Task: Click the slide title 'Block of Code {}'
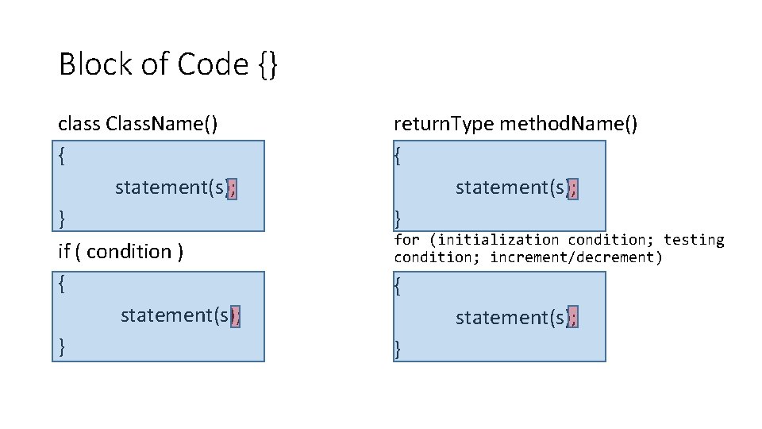coord(168,64)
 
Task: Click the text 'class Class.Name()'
coord(139,124)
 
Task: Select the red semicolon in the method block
coord(573,187)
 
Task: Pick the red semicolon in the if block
coord(234,315)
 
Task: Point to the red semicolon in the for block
coord(573,318)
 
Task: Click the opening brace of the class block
coord(63,157)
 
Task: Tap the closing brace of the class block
coord(63,218)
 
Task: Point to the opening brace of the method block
coord(398,157)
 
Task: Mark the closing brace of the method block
coord(398,218)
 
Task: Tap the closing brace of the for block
coord(398,347)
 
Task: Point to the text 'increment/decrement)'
coord(575,257)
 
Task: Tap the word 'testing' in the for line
coord(694,239)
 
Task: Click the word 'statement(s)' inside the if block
coord(175,315)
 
